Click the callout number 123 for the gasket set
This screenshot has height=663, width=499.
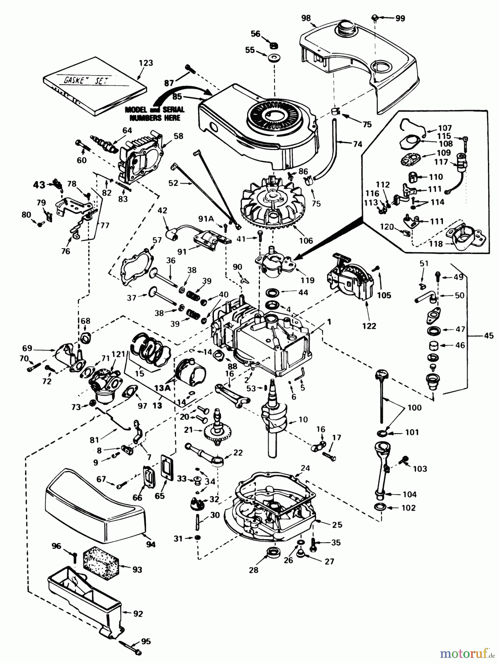pos(146,63)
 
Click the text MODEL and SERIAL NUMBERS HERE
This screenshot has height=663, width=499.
pos(155,113)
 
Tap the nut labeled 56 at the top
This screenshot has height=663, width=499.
pos(274,45)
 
